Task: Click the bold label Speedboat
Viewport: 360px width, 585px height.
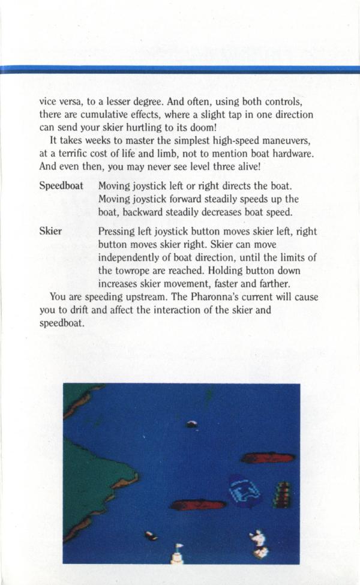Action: tap(61, 187)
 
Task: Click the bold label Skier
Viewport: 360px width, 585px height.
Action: tap(50, 232)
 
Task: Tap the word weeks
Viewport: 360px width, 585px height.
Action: tap(95, 141)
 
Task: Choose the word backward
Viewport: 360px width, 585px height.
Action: tap(145, 212)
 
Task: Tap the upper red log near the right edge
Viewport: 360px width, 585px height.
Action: tap(268, 458)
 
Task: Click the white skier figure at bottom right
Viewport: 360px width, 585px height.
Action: tap(258, 541)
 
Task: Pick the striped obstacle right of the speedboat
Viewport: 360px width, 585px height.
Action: tap(283, 495)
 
